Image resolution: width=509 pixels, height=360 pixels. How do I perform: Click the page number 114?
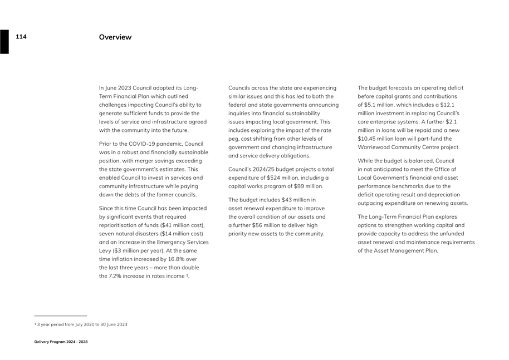pos(21,37)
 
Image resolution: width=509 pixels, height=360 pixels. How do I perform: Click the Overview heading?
pos(115,37)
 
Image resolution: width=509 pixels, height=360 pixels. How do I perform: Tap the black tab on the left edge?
pos(4,42)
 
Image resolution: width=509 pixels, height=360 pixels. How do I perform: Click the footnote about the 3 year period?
pos(81,324)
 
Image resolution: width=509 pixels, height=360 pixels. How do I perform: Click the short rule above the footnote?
pos(61,316)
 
